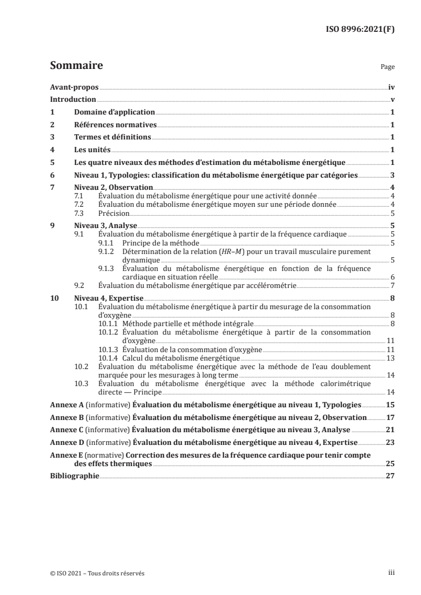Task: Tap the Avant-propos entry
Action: pyautogui.click(x=74, y=87)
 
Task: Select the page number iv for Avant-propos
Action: pyautogui.click(x=391, y=87)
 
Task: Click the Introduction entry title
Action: pyautogui.click(x=73, y=100)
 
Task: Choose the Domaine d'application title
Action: pyautogui.click(x=114, y=112)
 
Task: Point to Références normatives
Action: pyautogui.click(x=115, y=125)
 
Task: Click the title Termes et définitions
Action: pyautogui.click(x=113, y=137)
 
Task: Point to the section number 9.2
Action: pyautogui.click(x=80, y=286)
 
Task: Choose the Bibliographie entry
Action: pyautogui.click(x=74, y=476)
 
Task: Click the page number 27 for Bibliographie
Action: pyautogui.click(x=390, y=476)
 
